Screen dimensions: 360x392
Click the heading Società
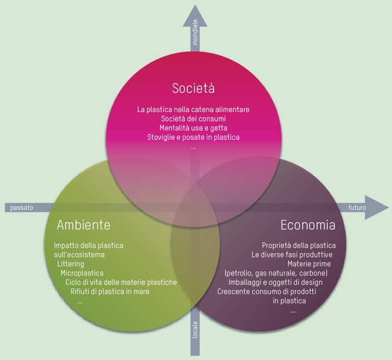point(193,88)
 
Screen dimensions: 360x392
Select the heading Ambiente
point(83,225)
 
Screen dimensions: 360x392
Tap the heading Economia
point(308,225)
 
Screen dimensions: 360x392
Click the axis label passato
point(21,207)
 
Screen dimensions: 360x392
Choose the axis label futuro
point(357,207)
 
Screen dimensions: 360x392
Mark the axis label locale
point(195,329)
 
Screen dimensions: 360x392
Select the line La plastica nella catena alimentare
point(193,110)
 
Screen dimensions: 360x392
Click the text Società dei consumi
point(193,119)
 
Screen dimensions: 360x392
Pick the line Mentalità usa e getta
point(193,128)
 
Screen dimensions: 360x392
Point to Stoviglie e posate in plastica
point(193,137)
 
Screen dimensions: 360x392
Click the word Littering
point(71,264)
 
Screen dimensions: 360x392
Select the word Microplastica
point(81,273)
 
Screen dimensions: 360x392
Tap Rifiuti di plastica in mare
point(110,291)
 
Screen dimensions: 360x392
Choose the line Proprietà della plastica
point(299,245)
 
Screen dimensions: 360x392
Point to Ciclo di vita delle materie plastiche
point(121,282)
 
